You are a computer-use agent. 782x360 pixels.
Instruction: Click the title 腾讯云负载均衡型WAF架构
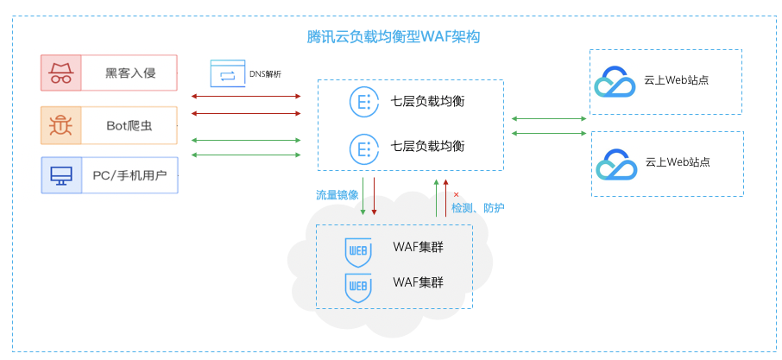coord(393,37)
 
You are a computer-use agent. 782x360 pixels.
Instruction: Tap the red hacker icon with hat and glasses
coord(60,73)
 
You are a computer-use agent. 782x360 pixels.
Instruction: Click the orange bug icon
coord(60,125)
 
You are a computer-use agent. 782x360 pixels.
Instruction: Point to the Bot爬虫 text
coord(129,126)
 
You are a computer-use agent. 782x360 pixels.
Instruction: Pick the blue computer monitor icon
coord(61,175)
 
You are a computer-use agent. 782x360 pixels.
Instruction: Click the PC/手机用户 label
coord(129,175)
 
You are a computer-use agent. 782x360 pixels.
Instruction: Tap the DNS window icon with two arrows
coord(227,73)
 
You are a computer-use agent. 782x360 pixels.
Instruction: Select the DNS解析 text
coord(265,74)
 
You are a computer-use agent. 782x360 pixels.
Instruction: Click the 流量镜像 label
coord(337,195)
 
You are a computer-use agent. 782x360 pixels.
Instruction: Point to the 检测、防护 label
coord(478,207)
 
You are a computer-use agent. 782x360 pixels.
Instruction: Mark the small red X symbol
coord(456,194)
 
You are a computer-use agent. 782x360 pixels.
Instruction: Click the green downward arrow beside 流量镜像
coord(363,197)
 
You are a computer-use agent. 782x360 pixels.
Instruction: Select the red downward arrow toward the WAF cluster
coord(374,197)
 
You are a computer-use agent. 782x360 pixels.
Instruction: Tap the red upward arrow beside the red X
coord(446,198)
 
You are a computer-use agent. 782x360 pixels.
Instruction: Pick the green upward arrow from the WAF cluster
coord(437,198)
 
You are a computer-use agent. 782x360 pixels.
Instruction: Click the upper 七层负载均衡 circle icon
coord(364,102)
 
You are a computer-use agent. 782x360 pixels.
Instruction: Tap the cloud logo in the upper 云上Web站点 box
coord(615,82)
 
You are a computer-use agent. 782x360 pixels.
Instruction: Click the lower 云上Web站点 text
coord(678,162)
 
